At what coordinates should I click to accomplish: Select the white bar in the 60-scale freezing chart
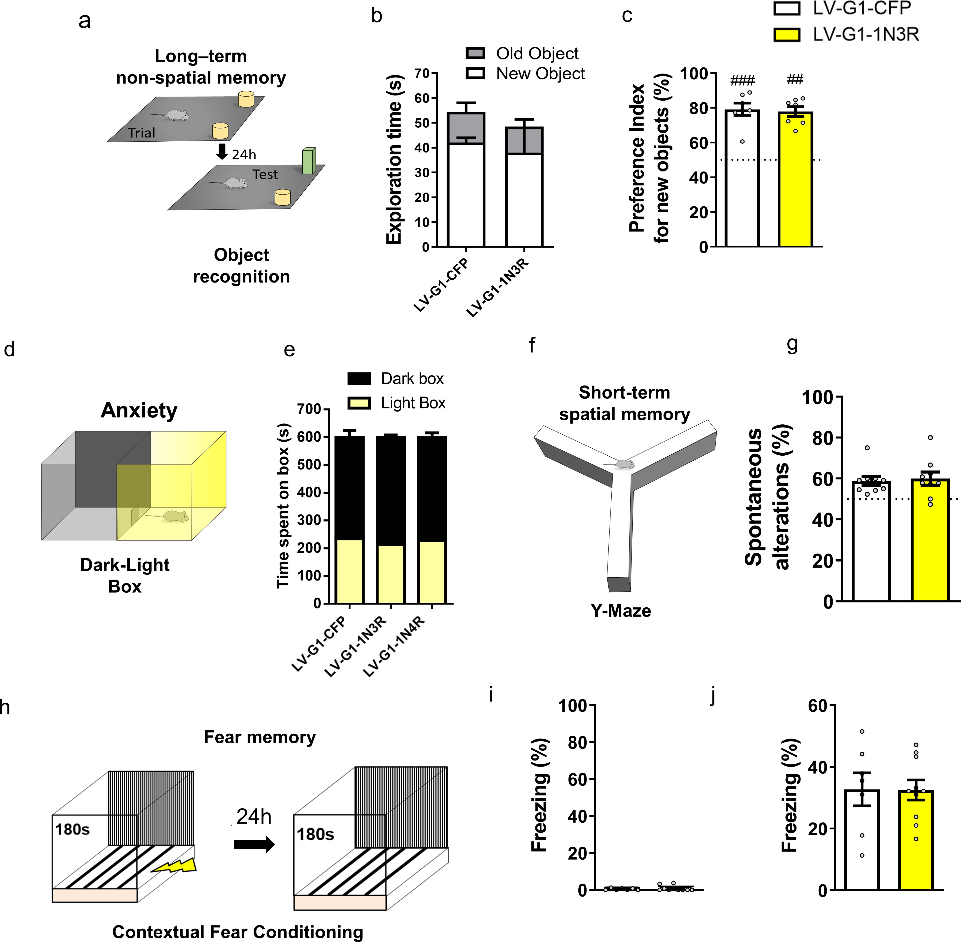(862, 841)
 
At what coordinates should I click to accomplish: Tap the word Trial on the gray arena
(141, 133)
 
